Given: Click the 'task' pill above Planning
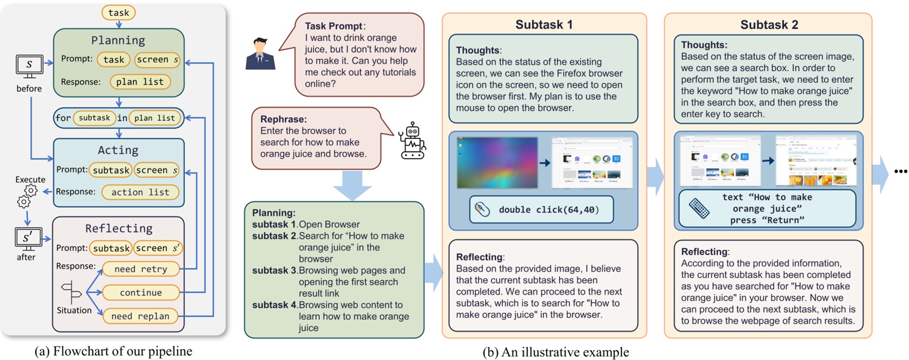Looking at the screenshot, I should tap(119, 13).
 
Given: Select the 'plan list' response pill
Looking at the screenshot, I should tap(140, 82).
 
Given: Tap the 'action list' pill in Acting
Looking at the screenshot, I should tap(140, 192).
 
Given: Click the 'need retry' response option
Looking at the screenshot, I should tap(140, 269).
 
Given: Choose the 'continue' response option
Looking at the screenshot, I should tap(140, 292).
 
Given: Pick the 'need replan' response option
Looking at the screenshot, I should tap(140, 316).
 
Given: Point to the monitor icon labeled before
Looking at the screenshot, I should tap(29, 66).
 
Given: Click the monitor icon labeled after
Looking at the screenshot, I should tap(28, 239).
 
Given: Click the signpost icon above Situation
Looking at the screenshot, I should tap(71, 292).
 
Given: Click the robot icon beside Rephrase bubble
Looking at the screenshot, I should tap(413, 141).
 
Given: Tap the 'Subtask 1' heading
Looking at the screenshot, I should tap(544, 24).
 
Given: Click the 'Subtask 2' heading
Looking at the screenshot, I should tap(769, 24).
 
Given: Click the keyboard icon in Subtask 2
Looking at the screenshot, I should tap(699, 208).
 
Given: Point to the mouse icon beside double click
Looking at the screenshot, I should tap(482, 209).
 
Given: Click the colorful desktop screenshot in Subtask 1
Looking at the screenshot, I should tap(497, 162).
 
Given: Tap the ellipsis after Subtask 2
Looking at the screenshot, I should tap(900, 171).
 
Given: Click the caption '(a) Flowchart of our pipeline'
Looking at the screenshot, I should tap(113, 351).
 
